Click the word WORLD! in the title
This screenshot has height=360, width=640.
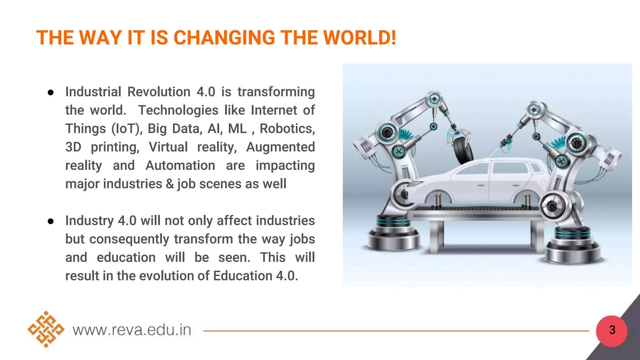(360, 38)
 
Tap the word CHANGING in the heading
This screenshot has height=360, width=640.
(224, 38)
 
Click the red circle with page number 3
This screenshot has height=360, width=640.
(612, 330)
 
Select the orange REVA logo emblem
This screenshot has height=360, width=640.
(46, 329)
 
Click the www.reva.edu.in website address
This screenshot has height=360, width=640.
(132, 330)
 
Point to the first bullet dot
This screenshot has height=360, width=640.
(51, 92)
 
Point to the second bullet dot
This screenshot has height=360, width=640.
(51, 221)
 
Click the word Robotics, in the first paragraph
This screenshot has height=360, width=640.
(287, 129)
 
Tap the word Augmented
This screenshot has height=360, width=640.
(280, 147)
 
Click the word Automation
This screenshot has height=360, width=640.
(180, 166)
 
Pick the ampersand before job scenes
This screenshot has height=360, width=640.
(170, 184)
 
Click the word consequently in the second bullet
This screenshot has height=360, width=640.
(129, 239)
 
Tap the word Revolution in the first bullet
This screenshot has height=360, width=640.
(159, 92)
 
